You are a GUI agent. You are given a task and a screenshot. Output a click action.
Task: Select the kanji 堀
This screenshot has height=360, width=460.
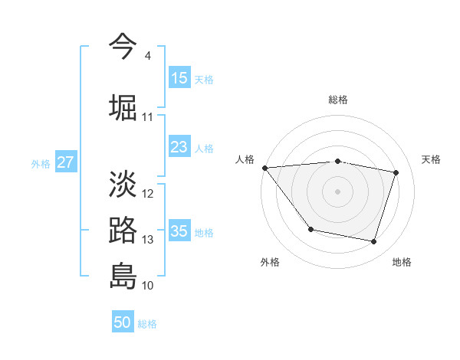point(123,106)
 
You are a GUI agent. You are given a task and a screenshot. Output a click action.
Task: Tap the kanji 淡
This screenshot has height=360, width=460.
point(123,183)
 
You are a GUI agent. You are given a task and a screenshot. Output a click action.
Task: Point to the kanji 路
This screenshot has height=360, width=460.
point(123,230)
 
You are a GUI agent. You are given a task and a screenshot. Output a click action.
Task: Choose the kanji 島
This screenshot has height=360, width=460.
point(123,275)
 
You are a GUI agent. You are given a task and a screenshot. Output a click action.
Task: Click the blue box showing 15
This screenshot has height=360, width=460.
point(179,78)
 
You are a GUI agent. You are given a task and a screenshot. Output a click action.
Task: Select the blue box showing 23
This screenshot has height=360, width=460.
point(179,147)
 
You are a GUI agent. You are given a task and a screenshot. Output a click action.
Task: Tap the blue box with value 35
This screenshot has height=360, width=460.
point(179,231)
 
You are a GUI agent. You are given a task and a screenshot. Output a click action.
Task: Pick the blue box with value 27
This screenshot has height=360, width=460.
point(65,162)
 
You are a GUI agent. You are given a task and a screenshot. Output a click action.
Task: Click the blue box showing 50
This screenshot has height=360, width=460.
point(123,322)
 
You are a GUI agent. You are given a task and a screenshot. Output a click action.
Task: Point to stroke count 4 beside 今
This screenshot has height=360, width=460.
point(147,56)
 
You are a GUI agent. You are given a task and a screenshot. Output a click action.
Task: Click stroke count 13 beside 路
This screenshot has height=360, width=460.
point(148,240)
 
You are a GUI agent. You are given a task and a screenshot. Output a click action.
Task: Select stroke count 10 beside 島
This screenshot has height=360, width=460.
point(148,286)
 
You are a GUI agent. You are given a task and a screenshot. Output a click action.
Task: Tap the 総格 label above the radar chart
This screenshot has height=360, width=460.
point(337,100)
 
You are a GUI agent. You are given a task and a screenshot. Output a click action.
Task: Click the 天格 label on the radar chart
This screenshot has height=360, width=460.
point(432,159)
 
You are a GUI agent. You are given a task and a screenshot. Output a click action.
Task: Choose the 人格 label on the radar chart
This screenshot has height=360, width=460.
point(245,159)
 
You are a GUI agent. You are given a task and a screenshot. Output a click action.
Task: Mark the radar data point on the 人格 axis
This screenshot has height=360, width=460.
point(264,168)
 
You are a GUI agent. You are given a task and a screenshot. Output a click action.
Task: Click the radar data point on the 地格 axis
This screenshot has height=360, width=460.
point(373,242)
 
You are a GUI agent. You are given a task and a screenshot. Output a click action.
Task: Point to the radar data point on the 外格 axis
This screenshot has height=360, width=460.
point(310,229)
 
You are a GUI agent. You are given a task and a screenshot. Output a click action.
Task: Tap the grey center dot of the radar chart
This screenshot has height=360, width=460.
point(337,191)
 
